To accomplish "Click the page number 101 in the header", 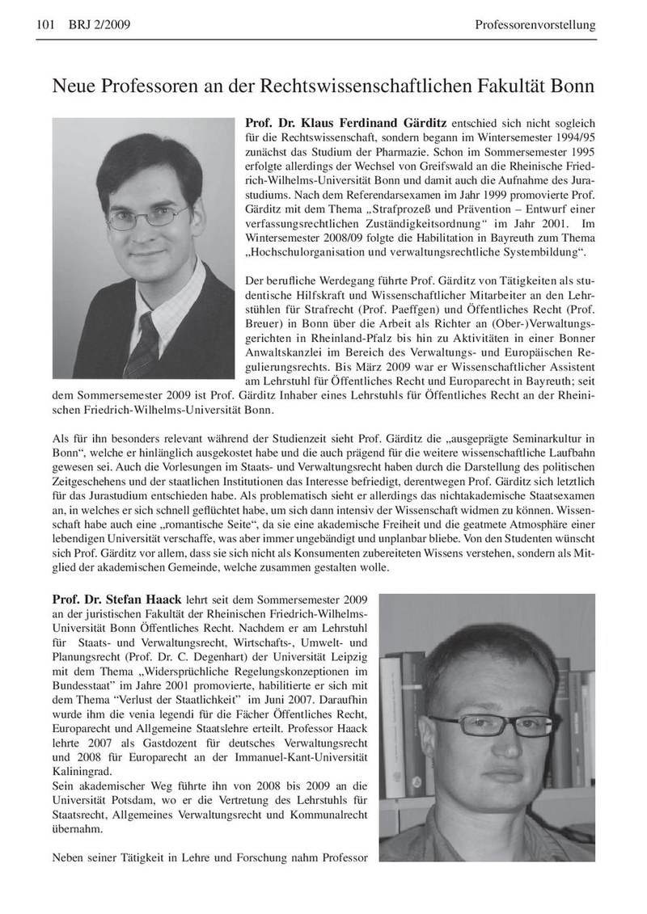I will pos(45,26).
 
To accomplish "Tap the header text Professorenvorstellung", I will pos(535,26).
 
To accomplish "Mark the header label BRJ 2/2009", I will pos(96,26).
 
